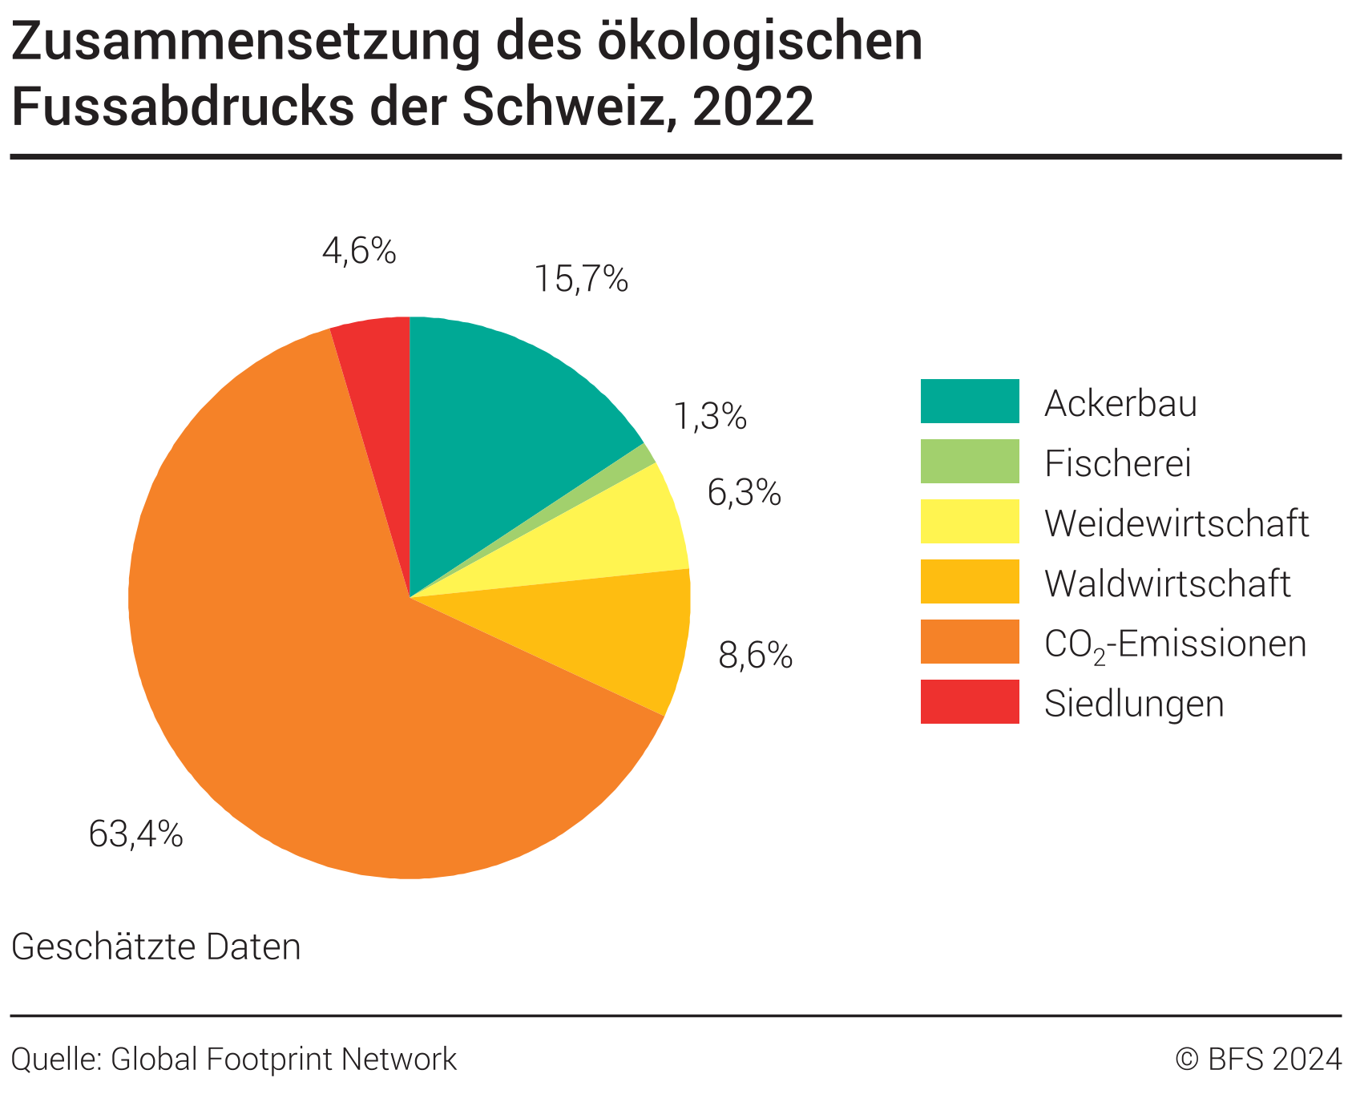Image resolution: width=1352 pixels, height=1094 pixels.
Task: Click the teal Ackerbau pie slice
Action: click(497, 417)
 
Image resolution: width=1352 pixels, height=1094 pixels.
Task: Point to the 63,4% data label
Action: click(135, 834)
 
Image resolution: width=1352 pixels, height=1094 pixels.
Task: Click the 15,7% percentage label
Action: click(581, 279)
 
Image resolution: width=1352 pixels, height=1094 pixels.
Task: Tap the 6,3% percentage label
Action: click(744, 493)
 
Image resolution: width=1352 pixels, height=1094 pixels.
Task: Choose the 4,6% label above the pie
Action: click(359, 251)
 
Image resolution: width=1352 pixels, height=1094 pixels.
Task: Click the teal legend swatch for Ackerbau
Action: click(970, 401)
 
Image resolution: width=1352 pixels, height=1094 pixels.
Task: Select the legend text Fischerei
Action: click(1118, 463)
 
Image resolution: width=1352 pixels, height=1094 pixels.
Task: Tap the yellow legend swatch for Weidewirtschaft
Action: click(970, 521)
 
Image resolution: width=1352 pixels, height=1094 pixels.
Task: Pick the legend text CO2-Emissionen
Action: click(1175, 644)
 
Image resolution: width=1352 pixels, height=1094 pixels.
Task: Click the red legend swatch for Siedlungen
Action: click(970, 701)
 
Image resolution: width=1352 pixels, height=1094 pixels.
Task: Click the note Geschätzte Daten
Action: click(156, 947)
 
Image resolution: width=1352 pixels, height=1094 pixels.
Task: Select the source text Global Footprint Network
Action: click(284, 1059)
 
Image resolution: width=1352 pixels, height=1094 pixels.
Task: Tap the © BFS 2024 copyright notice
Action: click(1258, 1059)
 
